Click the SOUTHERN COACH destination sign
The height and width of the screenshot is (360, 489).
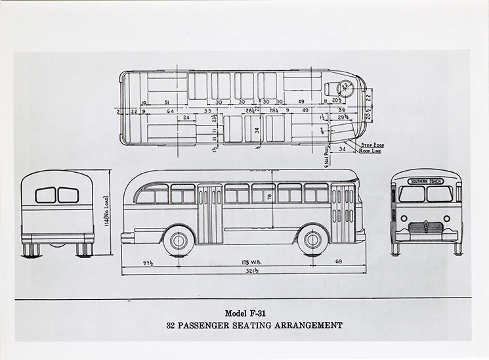coord(425,181)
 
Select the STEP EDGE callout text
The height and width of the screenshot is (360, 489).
coord(371,144)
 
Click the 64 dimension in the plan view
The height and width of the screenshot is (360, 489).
coord(170,111)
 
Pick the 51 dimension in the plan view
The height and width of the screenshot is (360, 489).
coord(167,102)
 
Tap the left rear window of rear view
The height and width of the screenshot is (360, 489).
coord(45,195)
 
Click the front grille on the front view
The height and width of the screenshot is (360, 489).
coord(426,228)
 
